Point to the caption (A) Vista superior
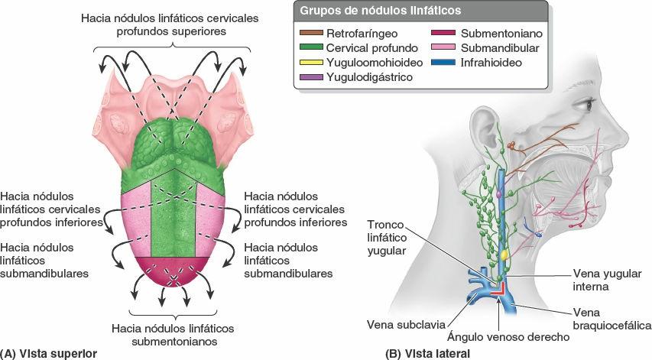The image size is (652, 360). pos(49,353)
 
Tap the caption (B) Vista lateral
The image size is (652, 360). pos(427,353)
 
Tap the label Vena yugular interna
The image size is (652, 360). pos(608,280)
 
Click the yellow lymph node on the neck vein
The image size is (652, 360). pos(504,251)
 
